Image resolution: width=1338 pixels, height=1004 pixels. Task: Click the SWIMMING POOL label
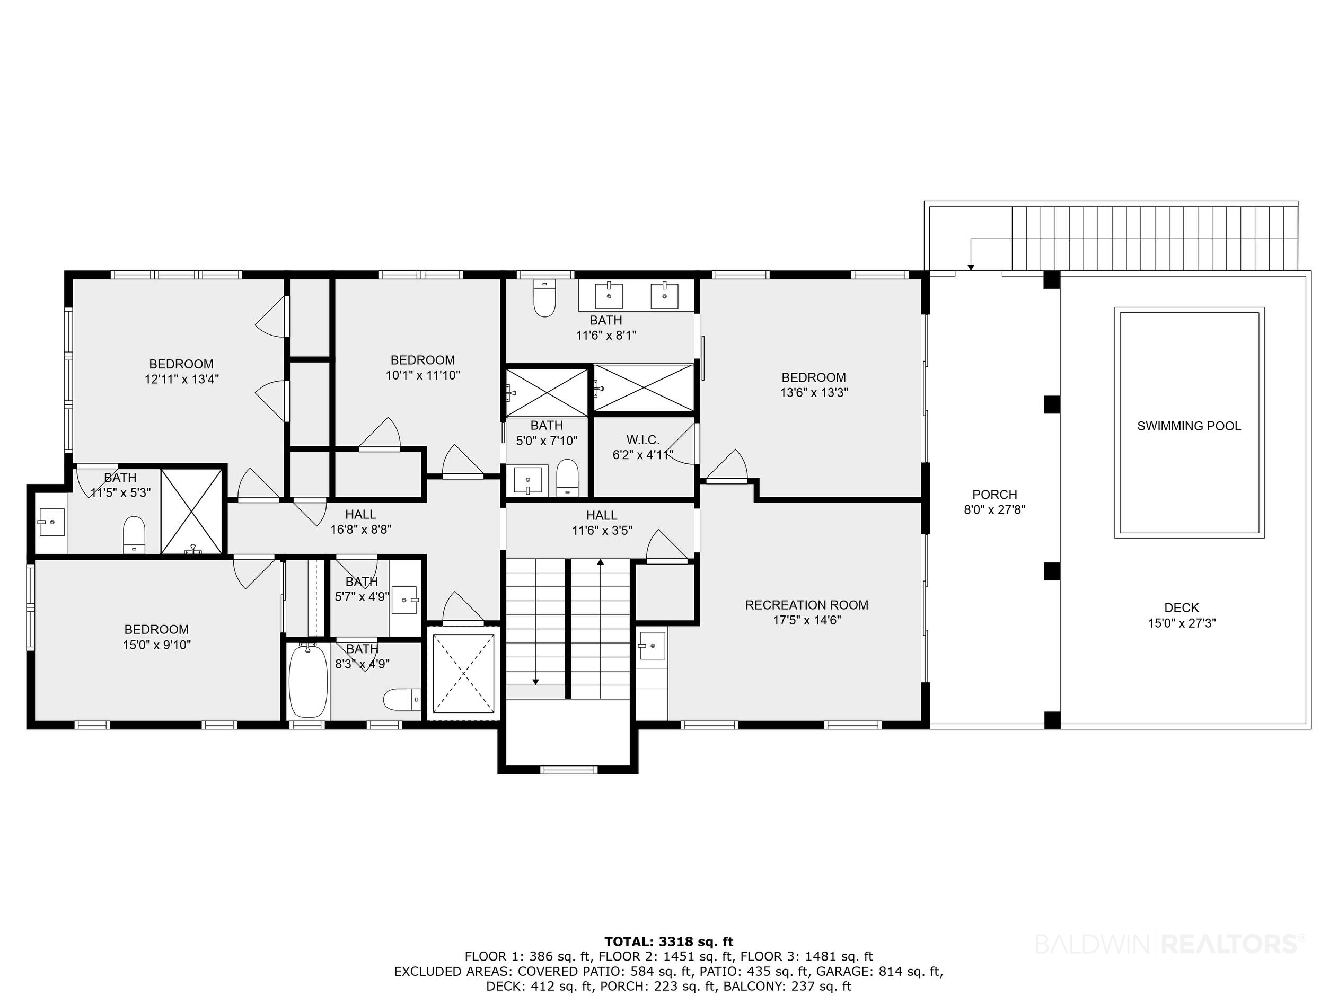click(x=1189, y=426)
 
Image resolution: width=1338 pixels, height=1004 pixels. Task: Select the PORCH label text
click(x=994, y=494)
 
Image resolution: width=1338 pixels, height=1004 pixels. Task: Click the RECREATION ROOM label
click(x=806, y=605)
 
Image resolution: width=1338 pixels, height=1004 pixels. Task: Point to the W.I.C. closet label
click(x=642, y=439)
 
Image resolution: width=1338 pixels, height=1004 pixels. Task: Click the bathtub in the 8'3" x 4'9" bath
click(x=308, y=681)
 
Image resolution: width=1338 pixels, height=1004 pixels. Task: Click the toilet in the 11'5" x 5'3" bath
click(x=134, y=535)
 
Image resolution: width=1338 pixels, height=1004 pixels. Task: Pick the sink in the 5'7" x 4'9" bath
click(x=404, y=600)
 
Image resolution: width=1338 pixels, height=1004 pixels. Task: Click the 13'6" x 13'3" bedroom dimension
click(x=814, y=392)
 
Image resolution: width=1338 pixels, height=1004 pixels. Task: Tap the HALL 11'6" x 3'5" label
click(x=602, y=523)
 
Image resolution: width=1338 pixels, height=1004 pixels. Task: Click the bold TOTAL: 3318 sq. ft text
click(x=668, y=941)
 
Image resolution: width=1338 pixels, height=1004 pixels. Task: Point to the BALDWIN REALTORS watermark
click(x=1170, y=943)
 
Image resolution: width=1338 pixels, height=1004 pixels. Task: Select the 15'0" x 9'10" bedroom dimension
click(x=157, y=645)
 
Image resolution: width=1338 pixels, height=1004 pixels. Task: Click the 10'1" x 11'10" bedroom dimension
click(x=423, y=375)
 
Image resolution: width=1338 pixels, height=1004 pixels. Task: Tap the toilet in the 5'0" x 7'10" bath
click(x=567, y=478)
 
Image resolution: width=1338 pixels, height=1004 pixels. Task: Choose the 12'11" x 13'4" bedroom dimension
click(x=181, y=379)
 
